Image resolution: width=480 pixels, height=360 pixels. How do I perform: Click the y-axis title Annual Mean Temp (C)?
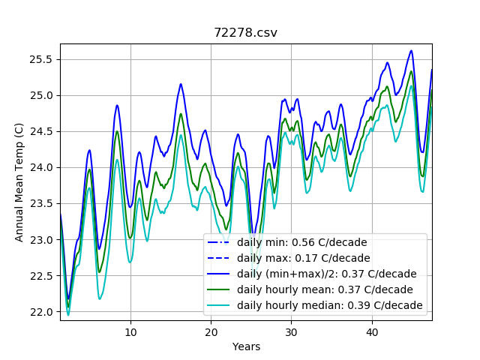[x=19, y=182]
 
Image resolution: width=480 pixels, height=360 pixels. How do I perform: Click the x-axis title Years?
[x=246, y=346]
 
